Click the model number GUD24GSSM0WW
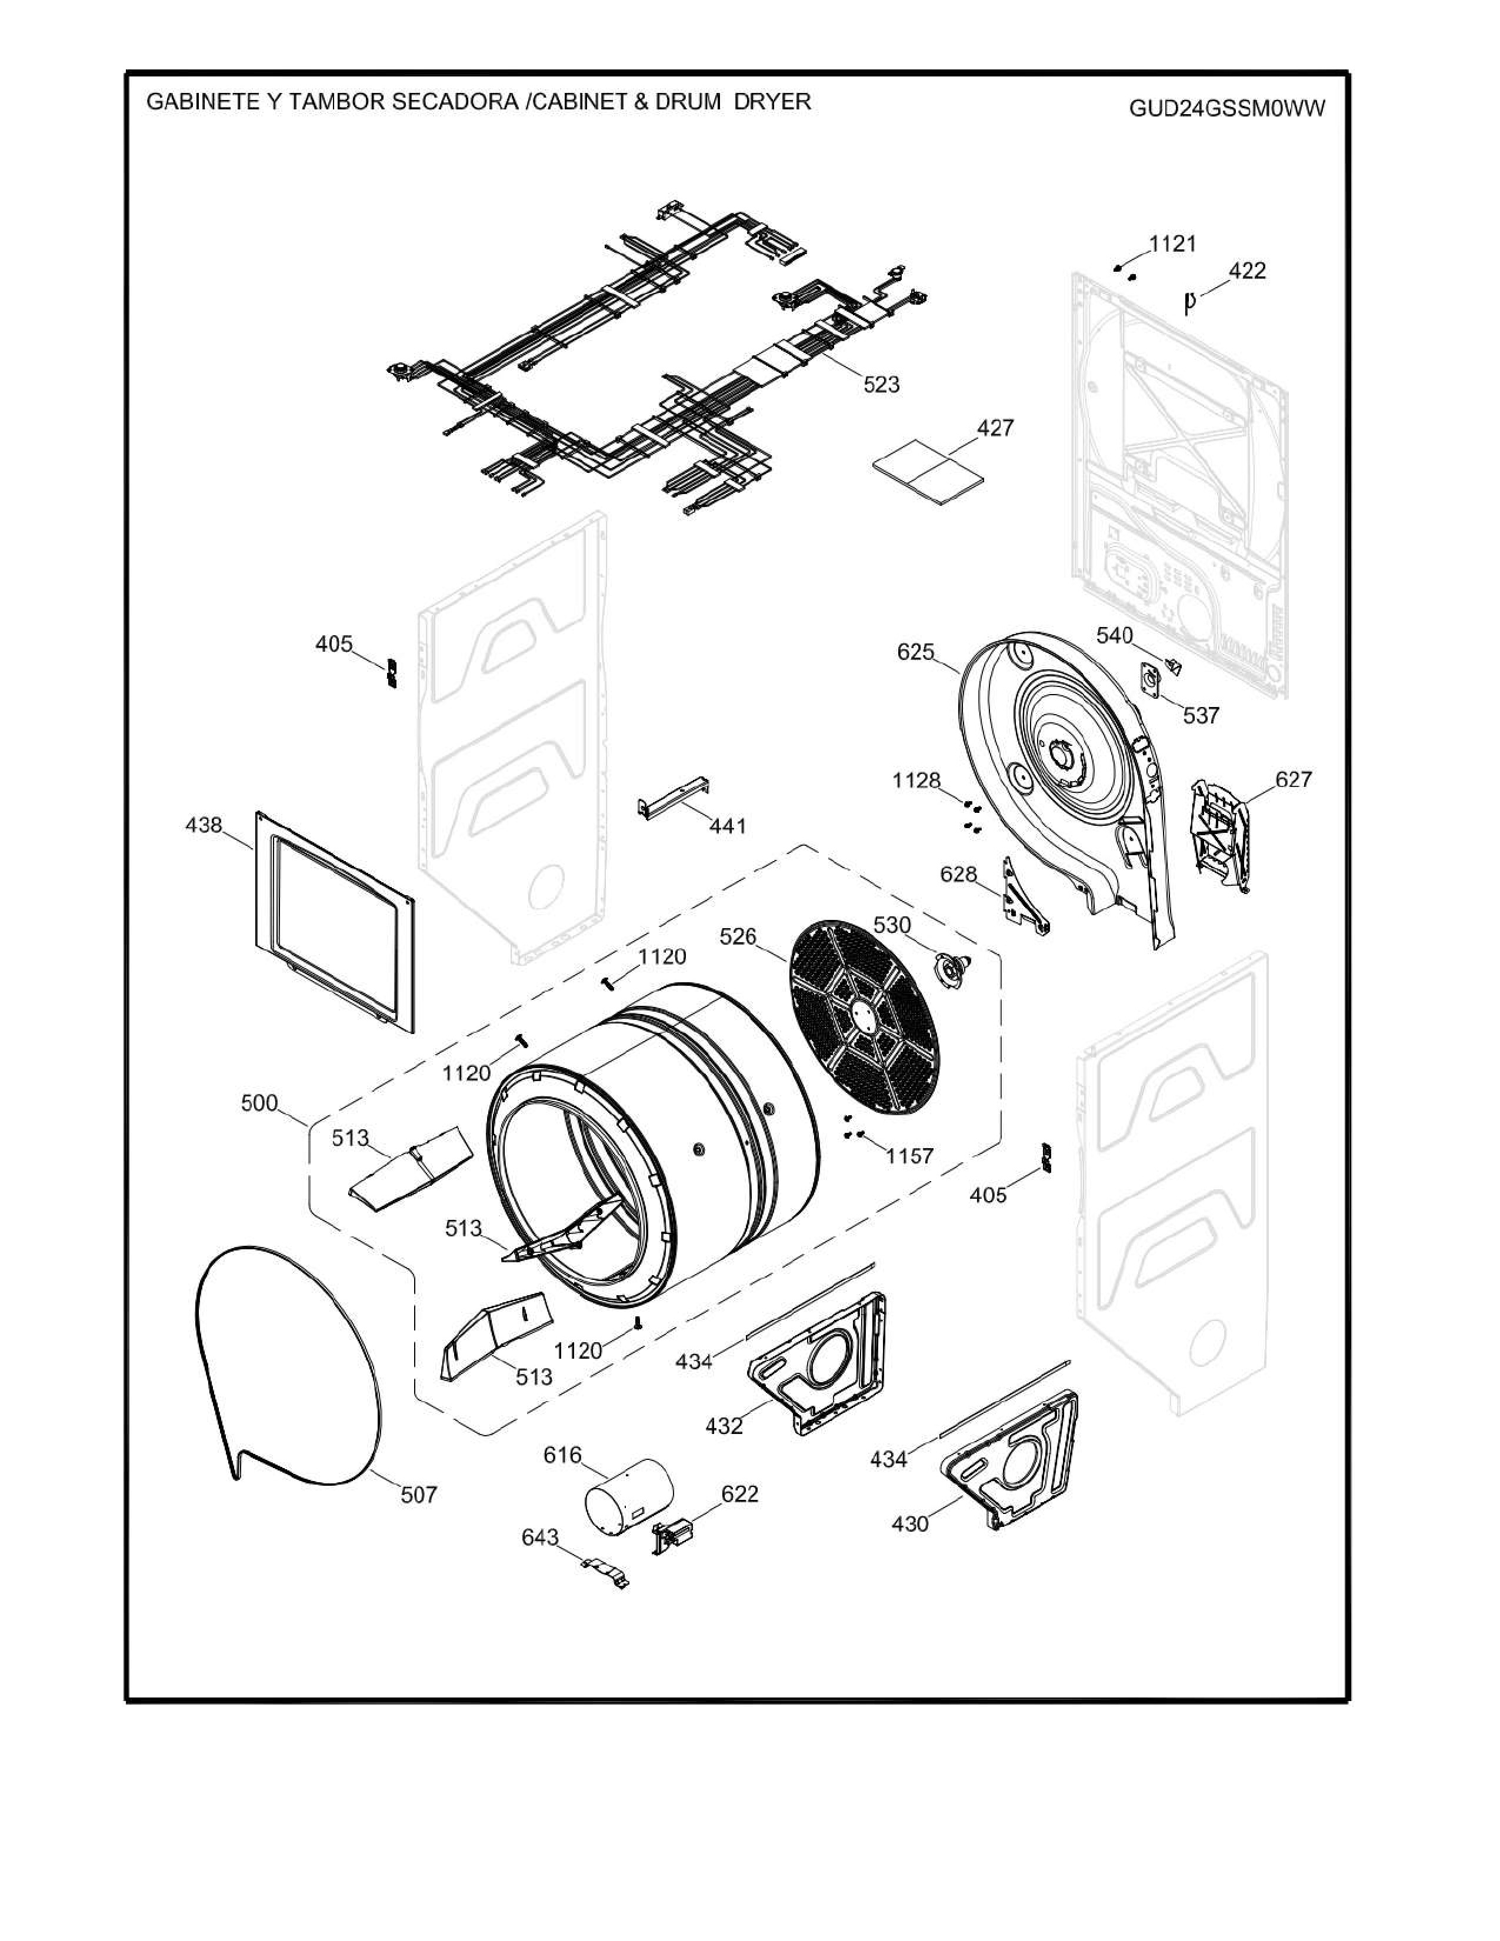pyautogui.click(x=1226, y=108)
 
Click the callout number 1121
pyautogui.click(x=1172, y=244)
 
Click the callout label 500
pyautogui.click(x=259, y=1103)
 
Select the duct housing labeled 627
pyautogui.click(x=1222, y=833)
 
